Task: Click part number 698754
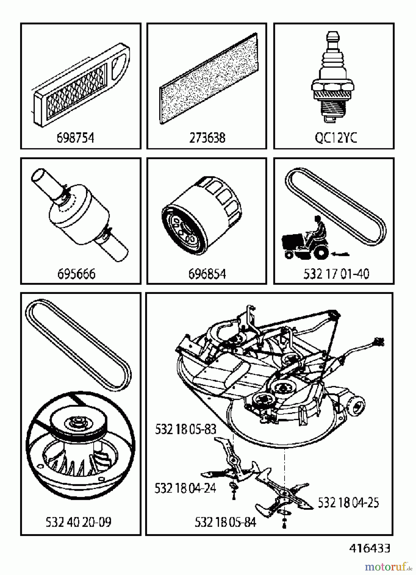click(75, 138)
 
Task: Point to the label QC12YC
click(336, 138)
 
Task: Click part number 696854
click(207, 274)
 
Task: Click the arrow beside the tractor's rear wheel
click(341, 255)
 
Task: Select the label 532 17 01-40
click(336, 274)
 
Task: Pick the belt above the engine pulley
click(78, 345)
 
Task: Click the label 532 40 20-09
click(79, 522)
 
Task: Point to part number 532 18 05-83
click(185, 429)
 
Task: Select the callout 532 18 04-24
click(185, 488)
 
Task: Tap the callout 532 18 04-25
click(348, 502)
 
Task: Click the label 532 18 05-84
click(225, 522)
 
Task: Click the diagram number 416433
click(370, 548)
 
